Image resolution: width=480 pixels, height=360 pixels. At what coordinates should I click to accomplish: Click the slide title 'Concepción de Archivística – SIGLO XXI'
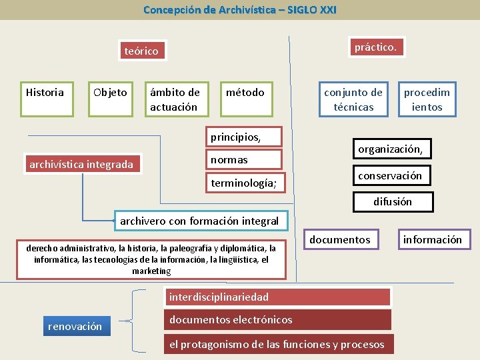[240, 10]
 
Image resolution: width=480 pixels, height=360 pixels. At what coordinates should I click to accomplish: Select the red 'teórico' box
[142, 51]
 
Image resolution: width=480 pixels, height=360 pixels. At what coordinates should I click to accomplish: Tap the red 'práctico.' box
[376, 47]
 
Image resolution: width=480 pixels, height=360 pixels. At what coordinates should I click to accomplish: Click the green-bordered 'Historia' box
[45, 99]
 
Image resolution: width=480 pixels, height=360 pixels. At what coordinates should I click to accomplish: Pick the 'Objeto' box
[110, 99]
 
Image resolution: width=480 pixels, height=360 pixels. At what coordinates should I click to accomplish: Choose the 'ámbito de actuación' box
[175, 99]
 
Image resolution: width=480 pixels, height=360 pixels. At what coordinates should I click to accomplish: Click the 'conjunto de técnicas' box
[353, 99]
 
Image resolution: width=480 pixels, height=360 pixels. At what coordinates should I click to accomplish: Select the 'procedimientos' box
[427, 99]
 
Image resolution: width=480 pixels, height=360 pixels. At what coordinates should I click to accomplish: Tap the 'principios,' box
[245, 137]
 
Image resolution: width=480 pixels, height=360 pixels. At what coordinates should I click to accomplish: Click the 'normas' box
[245, 159]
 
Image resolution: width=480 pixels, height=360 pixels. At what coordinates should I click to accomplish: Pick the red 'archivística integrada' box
[81, 164]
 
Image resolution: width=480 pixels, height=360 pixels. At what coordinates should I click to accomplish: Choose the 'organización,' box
[391, 149]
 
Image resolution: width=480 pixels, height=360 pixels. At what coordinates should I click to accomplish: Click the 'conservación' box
[390, 175]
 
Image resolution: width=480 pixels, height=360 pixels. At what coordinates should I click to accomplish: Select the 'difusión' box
[393, 201]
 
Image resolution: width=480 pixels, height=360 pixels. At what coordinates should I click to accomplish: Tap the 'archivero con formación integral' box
[199, 221]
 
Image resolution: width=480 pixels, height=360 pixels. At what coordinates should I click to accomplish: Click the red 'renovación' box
[75, 326]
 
